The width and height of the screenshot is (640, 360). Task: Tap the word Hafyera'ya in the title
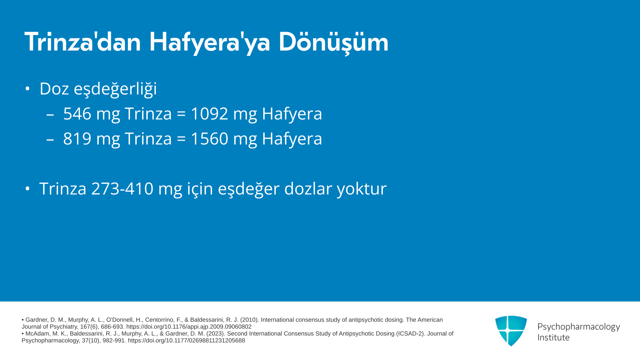tap(209, 42)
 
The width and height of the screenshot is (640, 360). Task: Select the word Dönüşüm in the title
tap(333, 42)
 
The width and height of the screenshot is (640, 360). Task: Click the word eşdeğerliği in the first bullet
tap(115, 89)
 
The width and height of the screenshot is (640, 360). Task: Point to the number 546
tap(77, 113)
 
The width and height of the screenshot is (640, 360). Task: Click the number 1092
tap(209, 113)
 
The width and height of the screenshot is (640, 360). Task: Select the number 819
tap(77, 138)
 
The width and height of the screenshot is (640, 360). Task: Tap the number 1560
tap(209, 138)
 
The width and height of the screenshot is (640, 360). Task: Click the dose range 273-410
tap(122, 188)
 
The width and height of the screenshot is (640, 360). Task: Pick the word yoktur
tap(362, 189)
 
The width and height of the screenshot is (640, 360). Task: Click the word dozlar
tap(308, 188)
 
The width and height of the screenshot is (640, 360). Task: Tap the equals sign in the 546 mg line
tap(181, 114)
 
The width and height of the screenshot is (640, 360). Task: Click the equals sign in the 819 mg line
tap(181, 139)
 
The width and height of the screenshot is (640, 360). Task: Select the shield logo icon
tap(511, 331)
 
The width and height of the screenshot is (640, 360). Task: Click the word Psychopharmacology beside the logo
tap(579, 327)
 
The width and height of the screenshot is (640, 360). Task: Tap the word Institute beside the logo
tap(553, 338)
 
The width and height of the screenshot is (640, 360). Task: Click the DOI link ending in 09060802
tap(189, 327)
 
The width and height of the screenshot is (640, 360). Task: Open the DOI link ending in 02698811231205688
tap(186, 341)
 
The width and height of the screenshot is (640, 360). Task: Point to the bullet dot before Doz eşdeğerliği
tap(27, 89)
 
